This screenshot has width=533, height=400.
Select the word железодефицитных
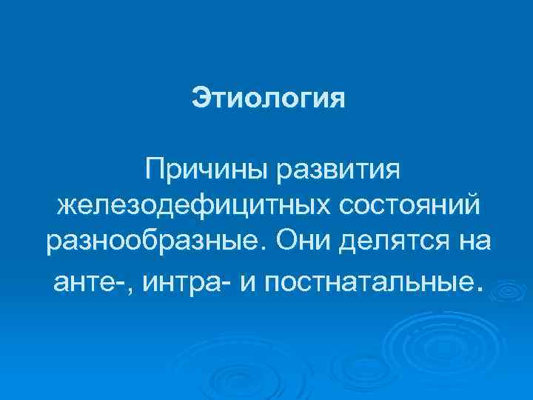point(193,206)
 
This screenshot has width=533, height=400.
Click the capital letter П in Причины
point(155,170)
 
